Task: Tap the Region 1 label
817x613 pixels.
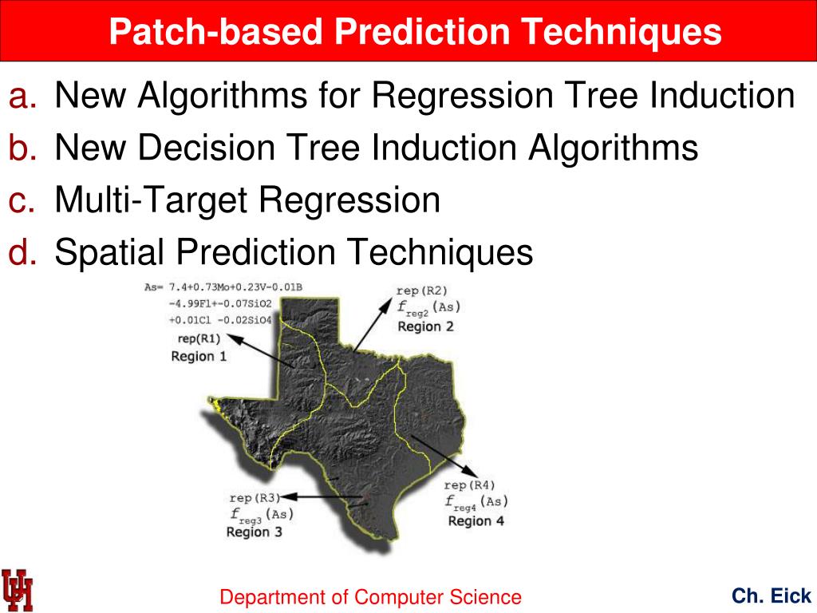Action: (x=199, y=356)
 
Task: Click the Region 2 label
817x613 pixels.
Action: (x=425, y=326)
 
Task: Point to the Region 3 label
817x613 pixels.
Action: (x=254, y=532)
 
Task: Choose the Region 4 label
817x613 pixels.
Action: (x=476, y=520)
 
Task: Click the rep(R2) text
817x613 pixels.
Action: (x=422, y=290)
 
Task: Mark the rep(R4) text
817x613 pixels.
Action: (x=470, y=484)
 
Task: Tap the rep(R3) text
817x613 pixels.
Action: (x=255, y=497)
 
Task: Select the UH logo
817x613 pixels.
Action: (x=18, y=590)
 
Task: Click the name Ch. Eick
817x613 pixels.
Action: (x=772, y=595)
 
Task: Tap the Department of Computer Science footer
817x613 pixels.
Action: (x=371, y=597)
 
